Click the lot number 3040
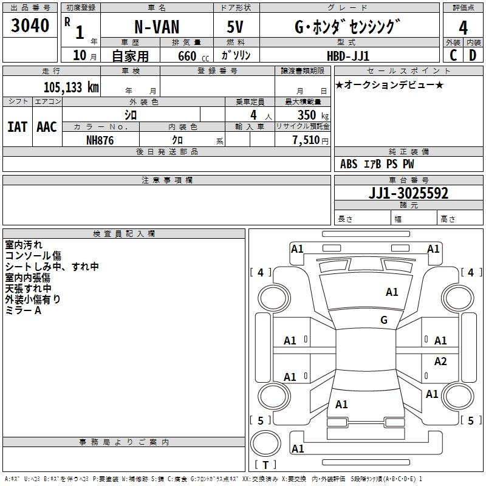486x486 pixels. [30, 26]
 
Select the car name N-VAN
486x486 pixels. [157, 27]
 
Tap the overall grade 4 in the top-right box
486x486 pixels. [463, 28]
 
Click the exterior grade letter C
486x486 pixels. [453, 55]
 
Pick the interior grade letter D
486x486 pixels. [473, 55]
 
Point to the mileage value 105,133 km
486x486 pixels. [71, 87]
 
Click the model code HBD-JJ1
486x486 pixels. [348, 56]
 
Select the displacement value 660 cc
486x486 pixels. [193, 56]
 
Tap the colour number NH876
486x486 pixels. [100, 140]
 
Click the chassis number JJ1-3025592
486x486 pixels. [408, 193]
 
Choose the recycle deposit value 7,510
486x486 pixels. [306, 140]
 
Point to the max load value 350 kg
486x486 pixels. [313, 115]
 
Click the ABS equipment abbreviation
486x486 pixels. [349, 164]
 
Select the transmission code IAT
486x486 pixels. [18, 127]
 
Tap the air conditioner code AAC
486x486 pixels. [47, 127]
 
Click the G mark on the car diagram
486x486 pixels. [384, 320]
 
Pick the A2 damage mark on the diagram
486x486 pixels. [440, 361]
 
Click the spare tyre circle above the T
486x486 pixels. [265, 443]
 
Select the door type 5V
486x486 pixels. [235, 27]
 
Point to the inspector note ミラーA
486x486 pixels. [23, 310]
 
